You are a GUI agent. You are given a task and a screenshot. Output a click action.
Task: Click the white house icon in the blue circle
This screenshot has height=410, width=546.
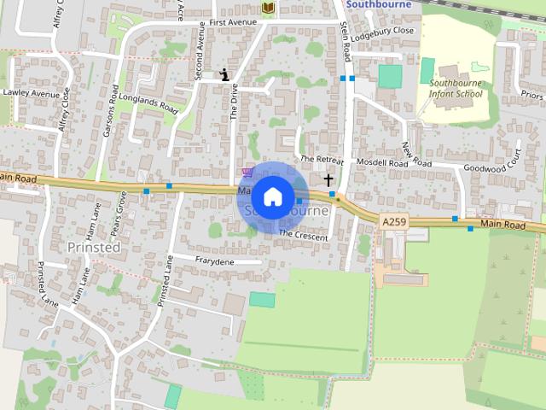pos(272,196)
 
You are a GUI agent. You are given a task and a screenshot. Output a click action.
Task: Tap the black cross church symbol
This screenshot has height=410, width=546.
pos(328,180)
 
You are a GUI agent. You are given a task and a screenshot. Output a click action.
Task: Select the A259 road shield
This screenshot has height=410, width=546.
pos(394,222)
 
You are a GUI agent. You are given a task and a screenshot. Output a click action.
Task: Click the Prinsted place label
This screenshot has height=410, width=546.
pos(94,247)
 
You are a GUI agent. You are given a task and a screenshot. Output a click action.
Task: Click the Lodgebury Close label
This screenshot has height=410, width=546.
pos(386,30)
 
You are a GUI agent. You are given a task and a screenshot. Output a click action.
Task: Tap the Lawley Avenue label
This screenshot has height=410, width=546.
pos(32,92)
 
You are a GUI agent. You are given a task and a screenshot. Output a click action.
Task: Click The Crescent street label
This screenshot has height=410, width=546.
pos(303,234)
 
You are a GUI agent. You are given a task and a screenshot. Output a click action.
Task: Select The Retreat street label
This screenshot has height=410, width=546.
pos(322,160)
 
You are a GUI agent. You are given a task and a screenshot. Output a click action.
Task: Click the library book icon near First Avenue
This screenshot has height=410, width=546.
pos(269,8)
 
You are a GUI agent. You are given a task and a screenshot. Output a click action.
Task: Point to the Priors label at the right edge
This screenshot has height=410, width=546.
pos(531,95)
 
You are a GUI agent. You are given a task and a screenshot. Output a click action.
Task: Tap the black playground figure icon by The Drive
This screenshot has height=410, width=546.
pos(224,74)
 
